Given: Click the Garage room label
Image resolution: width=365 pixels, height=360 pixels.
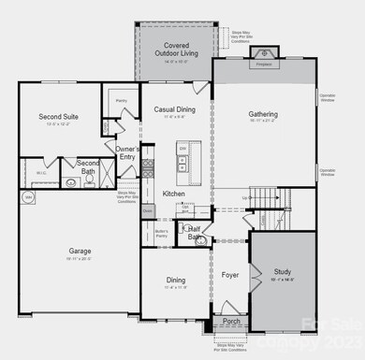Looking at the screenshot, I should tap(80, 251).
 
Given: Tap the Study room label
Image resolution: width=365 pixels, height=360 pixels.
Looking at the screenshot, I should tap(282, 271).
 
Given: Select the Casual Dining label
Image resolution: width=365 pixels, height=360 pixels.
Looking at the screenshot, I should tap(175, 109).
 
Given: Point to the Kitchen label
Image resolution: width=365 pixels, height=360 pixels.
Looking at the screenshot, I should tap(174, 193).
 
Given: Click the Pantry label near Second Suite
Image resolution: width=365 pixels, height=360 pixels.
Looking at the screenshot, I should tap(121, 100).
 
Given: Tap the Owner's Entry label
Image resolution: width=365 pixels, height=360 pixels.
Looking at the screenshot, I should tap(128, 152).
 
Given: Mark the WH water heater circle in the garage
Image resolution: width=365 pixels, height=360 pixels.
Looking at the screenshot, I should tap(29, 197).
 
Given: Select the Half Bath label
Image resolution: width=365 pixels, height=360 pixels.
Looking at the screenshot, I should tap(196, 233).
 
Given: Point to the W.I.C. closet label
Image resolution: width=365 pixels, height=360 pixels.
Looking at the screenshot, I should tap(41, 173).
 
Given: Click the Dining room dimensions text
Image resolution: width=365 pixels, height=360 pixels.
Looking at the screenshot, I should tap(175, 287).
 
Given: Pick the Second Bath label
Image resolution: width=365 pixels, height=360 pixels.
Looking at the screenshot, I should tap(88, 167).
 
